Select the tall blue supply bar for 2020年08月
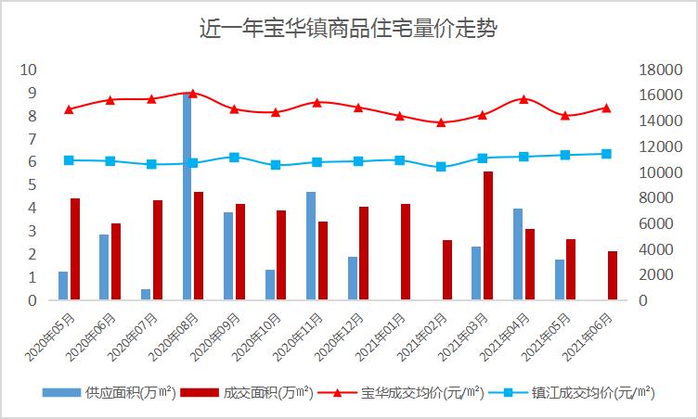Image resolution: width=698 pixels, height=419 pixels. point(187,197)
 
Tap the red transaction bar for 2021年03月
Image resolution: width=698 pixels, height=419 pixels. point(487,235)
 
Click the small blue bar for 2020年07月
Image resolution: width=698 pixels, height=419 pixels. point(146,294)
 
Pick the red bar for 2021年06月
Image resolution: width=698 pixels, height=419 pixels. point(613,275)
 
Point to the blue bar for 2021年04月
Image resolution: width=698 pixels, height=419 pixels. point(518,254)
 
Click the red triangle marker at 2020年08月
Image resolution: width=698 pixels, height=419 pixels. point(193,94)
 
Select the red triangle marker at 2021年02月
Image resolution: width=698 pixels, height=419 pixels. point(441,122)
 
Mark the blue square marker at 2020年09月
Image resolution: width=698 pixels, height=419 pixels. point(234,158)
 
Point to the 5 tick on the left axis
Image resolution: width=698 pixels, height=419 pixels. point(32,184)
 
